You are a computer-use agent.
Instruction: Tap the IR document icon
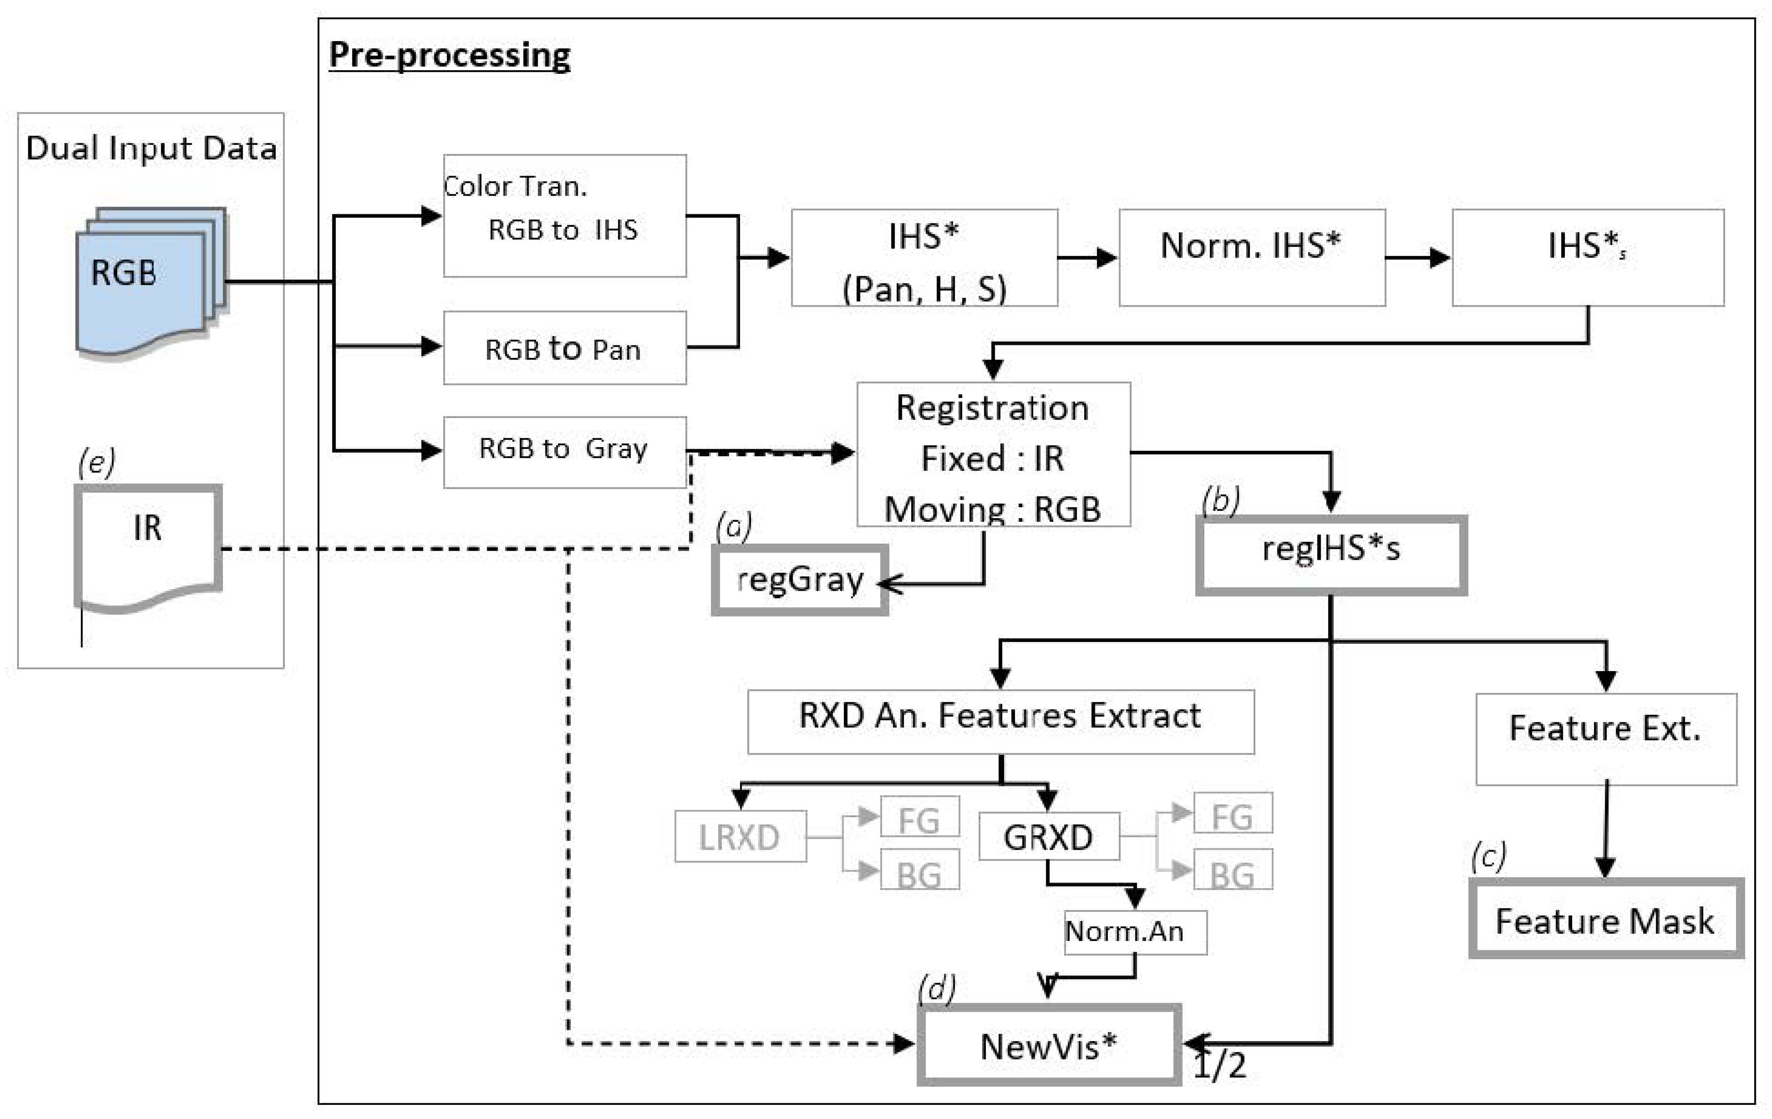(148, 544)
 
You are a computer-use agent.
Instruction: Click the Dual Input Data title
(151, 149)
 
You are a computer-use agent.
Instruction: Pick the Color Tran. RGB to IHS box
(564, 215)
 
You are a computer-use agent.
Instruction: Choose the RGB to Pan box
(564, 348)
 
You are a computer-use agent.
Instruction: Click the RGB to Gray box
(564, 452)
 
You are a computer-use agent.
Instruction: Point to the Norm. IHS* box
(1252, 257)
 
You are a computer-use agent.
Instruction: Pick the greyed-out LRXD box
(740, 837)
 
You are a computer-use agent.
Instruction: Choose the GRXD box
(1049, 837)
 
